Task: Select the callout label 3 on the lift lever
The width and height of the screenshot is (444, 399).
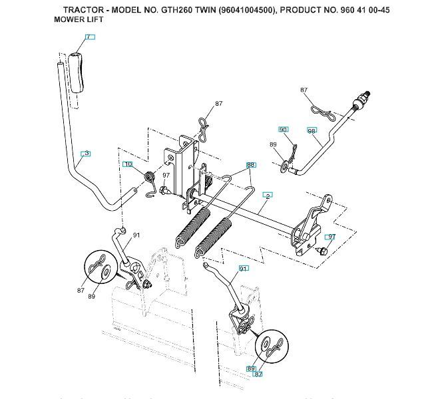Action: [85, 154]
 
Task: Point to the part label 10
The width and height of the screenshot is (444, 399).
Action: [128, 164]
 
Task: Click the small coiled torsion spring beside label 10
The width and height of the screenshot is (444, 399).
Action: [150, 176]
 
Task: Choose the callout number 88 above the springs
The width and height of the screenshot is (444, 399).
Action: [251, 164]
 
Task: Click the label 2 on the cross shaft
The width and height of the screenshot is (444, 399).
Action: [268, 196]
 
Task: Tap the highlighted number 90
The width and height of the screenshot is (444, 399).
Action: [284, 130]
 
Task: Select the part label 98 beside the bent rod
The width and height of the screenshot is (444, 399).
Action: [312, 130]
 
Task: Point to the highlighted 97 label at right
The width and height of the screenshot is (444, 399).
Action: [331, 236]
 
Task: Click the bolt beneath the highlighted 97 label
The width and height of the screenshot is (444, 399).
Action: [323, 250]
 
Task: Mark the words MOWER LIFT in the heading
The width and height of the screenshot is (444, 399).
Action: [78, 20]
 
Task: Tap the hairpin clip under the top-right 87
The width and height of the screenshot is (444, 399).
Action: [322, 111]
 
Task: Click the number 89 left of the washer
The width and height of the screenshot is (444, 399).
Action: [273, 144]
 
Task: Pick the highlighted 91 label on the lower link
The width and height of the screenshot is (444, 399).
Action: [243, 269]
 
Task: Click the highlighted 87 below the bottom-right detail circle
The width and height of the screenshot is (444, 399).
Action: [258, 374]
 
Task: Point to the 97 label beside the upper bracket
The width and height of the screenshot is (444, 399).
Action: [166, 176]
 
